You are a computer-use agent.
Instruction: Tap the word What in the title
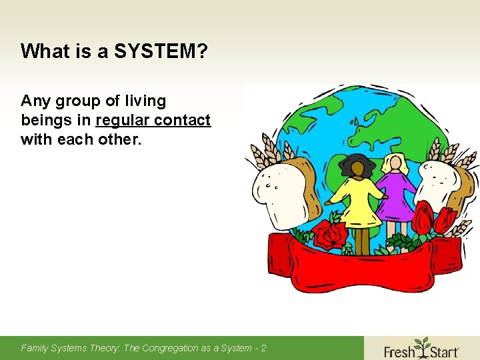39,51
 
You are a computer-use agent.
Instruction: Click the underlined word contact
184,121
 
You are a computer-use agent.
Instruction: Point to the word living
145,101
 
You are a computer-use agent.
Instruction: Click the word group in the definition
79,102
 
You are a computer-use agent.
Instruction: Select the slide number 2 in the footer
263,348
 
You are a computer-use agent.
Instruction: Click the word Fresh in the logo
399,350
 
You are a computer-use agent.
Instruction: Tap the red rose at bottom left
329,235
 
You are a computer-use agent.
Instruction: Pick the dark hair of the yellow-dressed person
358,165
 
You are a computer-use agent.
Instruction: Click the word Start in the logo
443,350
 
